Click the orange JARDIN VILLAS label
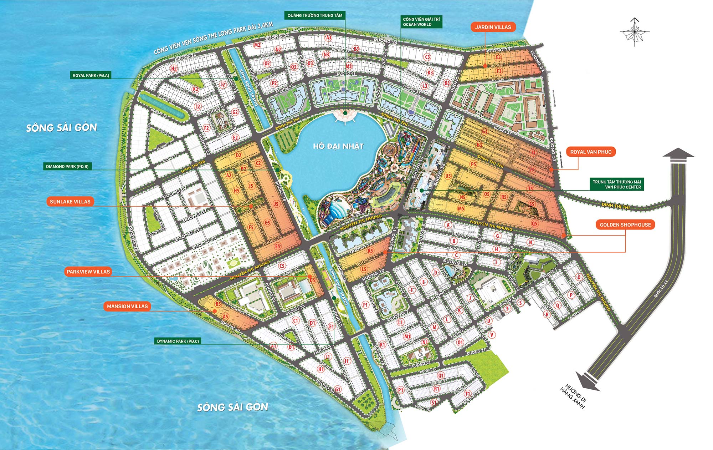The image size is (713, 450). point(493,27)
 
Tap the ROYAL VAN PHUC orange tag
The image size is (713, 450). point(591,152)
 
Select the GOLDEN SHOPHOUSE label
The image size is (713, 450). point(625,224)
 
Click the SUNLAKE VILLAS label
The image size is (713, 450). point(70,202)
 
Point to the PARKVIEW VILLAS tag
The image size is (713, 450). point(88,272)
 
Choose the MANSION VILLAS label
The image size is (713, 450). point(127,306)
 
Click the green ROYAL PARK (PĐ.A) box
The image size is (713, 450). point(91,75)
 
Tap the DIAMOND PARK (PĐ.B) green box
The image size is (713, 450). point(67,166)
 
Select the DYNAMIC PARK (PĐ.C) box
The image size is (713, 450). point(178,341)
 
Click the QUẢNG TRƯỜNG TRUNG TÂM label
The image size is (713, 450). point(315,15)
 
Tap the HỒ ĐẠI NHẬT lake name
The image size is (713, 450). point(338,146)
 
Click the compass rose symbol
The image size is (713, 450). point(635,32)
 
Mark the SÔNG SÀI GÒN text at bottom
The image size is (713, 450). point(232,407)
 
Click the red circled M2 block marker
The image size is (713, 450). point(257,45)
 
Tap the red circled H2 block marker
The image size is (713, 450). point(174,69)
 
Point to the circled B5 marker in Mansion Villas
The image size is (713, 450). point(218,304)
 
